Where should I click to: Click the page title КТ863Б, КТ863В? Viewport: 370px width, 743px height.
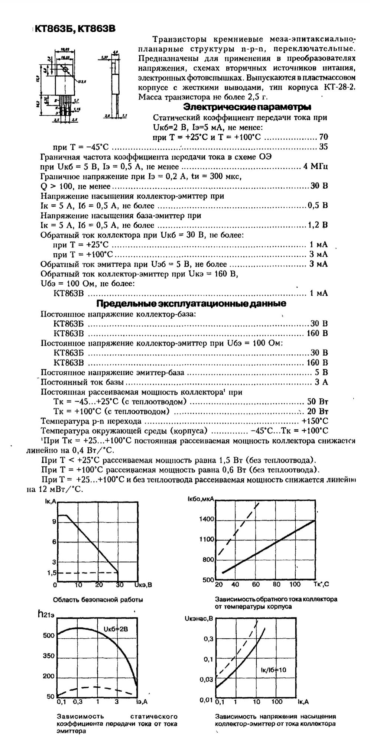click(x=73, y=29)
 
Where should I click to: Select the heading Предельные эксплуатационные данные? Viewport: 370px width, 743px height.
click(x=191, y=304)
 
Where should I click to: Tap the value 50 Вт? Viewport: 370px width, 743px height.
click(x=318, y=402)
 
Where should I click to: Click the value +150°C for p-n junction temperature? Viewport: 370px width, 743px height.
click(x=315, y=421)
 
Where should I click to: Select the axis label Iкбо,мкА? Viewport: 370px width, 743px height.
click(x=201, y=500)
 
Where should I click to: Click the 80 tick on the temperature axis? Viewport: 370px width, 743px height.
click(x=276, y=584)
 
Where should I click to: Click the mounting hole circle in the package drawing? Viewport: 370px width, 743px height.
click(x=66, y=69)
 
